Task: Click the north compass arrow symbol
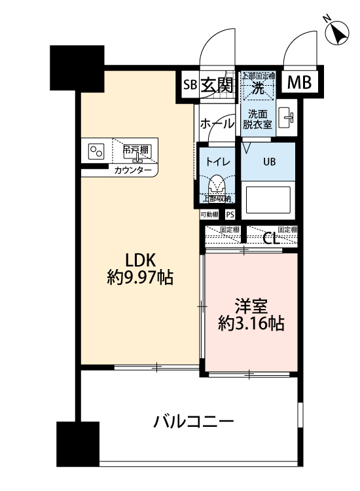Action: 338,32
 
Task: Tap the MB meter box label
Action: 300,83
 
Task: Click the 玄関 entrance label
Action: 216,84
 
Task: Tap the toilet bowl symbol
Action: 217,183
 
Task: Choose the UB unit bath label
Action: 270,161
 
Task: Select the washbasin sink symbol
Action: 287,118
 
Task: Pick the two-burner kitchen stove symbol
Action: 97,151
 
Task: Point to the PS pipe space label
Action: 230,214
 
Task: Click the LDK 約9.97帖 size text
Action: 139,268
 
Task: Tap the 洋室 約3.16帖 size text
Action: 251,314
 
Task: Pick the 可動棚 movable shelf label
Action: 210,214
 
